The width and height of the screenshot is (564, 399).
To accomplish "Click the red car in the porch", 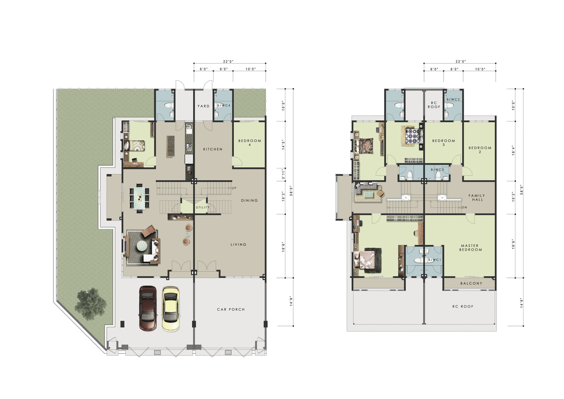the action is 148,308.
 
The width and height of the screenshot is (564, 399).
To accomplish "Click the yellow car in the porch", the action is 171,309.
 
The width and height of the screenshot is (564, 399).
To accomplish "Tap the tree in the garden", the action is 90,303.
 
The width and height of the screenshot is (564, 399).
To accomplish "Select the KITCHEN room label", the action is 213,149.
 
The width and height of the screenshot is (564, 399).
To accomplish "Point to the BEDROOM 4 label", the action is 250,143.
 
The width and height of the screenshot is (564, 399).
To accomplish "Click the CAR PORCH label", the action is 231,309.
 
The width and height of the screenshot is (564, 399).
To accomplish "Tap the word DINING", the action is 249,200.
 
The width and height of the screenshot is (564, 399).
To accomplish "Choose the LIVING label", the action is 238,244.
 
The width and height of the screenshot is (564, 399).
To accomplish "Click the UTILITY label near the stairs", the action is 203,207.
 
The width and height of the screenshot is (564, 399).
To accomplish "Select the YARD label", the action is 203,106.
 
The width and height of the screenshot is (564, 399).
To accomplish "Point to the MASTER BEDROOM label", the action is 471,248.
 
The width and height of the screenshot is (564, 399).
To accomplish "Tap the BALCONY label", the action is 471,283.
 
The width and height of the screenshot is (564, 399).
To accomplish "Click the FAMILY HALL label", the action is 477,197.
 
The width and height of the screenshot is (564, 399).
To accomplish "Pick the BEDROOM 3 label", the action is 444,143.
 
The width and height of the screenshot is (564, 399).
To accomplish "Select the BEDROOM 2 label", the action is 480,150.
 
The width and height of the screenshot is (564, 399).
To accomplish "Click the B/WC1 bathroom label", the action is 434,260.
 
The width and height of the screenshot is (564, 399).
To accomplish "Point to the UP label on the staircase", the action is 234,188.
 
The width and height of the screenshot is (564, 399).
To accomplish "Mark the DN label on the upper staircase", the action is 465,207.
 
